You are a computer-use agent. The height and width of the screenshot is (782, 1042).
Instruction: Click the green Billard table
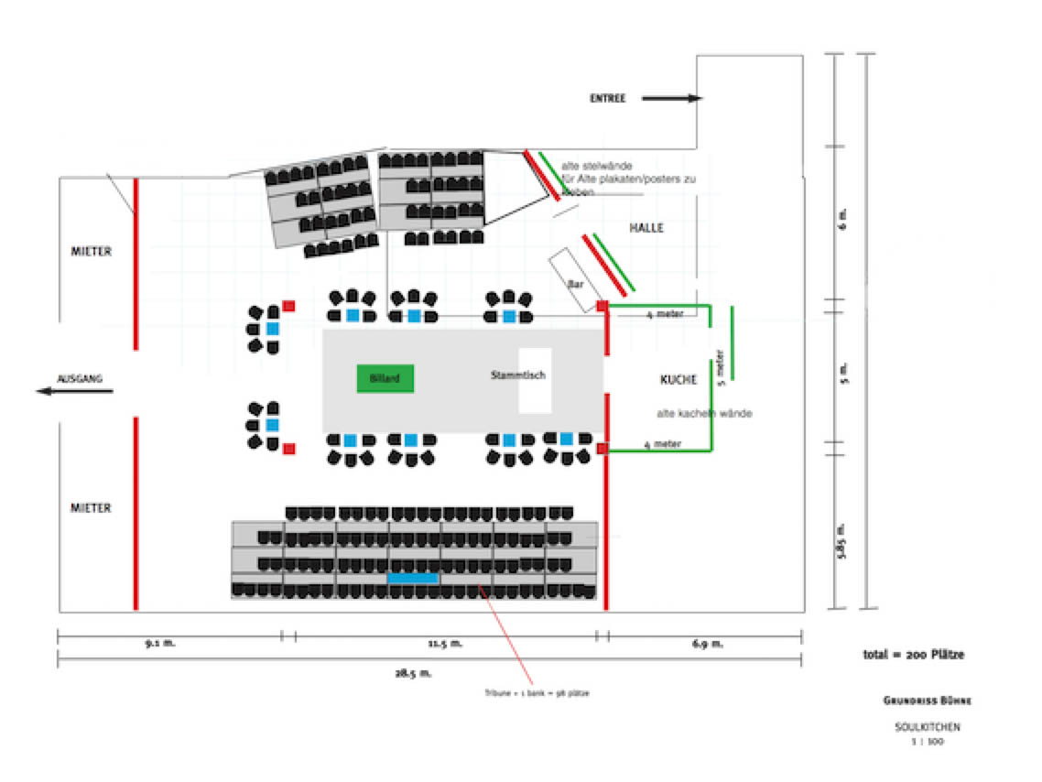click(x=385, y=378)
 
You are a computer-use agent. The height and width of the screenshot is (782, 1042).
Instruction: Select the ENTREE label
click(x=608, y=98)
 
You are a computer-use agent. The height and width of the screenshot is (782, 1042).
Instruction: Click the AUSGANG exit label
click(x=80, y=378)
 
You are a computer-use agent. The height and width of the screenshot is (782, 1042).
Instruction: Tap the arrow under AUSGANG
click(x=74, y=392)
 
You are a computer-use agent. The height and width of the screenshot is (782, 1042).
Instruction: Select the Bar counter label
click(x=576, y=285)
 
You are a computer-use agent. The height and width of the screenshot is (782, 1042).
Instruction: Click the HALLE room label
click(x=646, y=227)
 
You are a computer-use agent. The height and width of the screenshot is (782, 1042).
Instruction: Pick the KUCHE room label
click(x=678, y=379)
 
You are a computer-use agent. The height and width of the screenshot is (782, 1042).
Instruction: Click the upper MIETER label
click(x=91, y=251)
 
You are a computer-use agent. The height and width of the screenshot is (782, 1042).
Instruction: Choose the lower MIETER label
click(x=91, y=508)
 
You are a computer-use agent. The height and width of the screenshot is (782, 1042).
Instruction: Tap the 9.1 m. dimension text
click(x=160, y=644)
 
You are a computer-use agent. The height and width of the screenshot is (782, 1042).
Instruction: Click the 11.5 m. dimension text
click(x=446, y=644)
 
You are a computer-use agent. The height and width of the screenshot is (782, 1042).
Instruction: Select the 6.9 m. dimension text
click(x=707, y=644)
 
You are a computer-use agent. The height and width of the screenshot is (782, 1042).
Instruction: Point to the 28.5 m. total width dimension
click(x=414, y=673)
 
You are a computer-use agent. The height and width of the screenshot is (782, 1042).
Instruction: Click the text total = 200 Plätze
click(x=913, y=655)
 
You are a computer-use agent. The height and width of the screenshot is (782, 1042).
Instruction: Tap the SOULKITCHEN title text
click(x=928, y=727)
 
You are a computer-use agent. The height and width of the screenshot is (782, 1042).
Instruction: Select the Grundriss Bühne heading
click(x=927, y=701)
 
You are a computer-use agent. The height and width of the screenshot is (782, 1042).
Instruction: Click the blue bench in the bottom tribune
click(x=412, y=578)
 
